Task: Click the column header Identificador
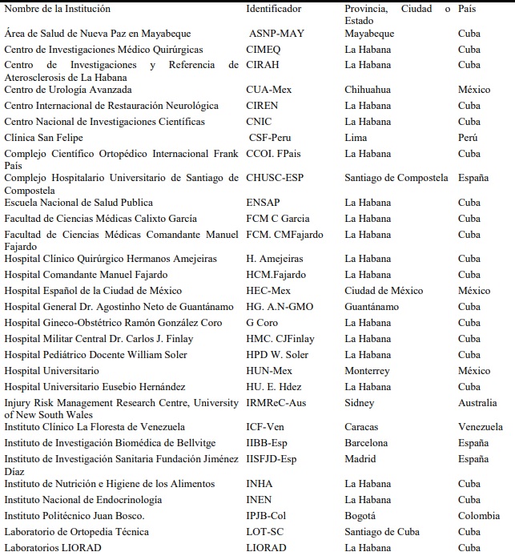coord(274,9)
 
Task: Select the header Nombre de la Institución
coord(57,9)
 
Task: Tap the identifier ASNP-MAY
coord(277,34)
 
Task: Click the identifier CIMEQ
coord(264,50)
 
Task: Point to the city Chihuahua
coord(368,90)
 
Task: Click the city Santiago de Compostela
coord(396,178)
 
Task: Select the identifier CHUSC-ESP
coord(276,178)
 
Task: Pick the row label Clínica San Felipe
coord(43,138)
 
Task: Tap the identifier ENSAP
coord(264,203)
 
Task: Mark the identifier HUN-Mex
coord(268,371)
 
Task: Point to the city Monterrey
coord(367,371)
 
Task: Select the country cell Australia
coord(477,403)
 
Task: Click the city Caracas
coord(361,427)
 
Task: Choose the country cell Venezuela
coord(481,427)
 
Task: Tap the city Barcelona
coord(366,443)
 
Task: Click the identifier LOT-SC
coord(266,532)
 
